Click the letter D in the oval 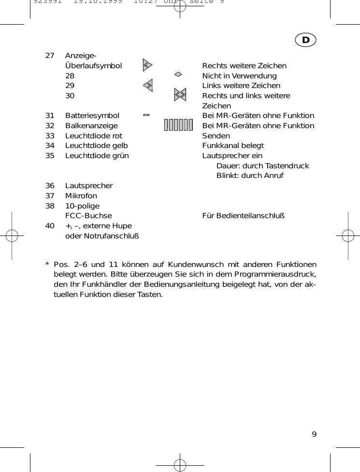[306, 40]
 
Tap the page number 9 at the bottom [314, 434]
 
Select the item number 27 [50, 56]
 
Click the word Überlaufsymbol [93, 66]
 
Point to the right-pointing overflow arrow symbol [148, 65]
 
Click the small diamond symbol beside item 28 [178, 74]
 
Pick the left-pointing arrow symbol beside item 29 [148, 86]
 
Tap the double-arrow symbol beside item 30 [180, 95]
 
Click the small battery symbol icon [146, 116]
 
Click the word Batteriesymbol [92, 116]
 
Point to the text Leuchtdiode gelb [97, 146]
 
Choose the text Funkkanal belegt [233, 146]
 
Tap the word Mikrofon [81, 196]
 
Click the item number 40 [50, 226]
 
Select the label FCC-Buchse [88, 216]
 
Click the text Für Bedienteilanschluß [243, 216]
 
